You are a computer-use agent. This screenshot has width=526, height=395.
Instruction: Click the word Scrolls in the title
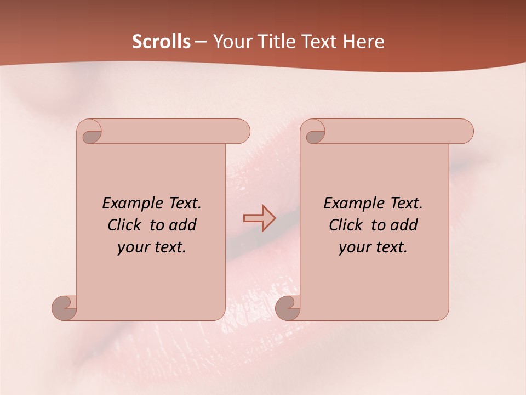click(x=161, y=42)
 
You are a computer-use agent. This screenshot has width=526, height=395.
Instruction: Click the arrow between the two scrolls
click(x=260, y=218)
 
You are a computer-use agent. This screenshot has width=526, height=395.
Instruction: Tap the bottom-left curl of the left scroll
click(x=65, y=307)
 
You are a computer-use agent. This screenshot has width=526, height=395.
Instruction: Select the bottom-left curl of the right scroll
click(x=288, y=307)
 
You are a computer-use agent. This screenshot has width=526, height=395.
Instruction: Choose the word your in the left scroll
click(x=132, y=247)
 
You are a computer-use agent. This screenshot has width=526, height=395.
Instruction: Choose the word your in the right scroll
click(x=353, y=247)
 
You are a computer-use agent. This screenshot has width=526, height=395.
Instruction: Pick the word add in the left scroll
click(x=183, y=225)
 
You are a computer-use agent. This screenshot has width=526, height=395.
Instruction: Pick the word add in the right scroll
click(x=404, y=225)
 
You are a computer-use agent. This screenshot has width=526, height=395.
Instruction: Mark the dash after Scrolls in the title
click(x=201, y=42)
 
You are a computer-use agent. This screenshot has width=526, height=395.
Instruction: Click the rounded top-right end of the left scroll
click(x=241, y=131)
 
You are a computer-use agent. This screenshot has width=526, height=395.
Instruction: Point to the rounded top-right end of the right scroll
click(x=465, y=131)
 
